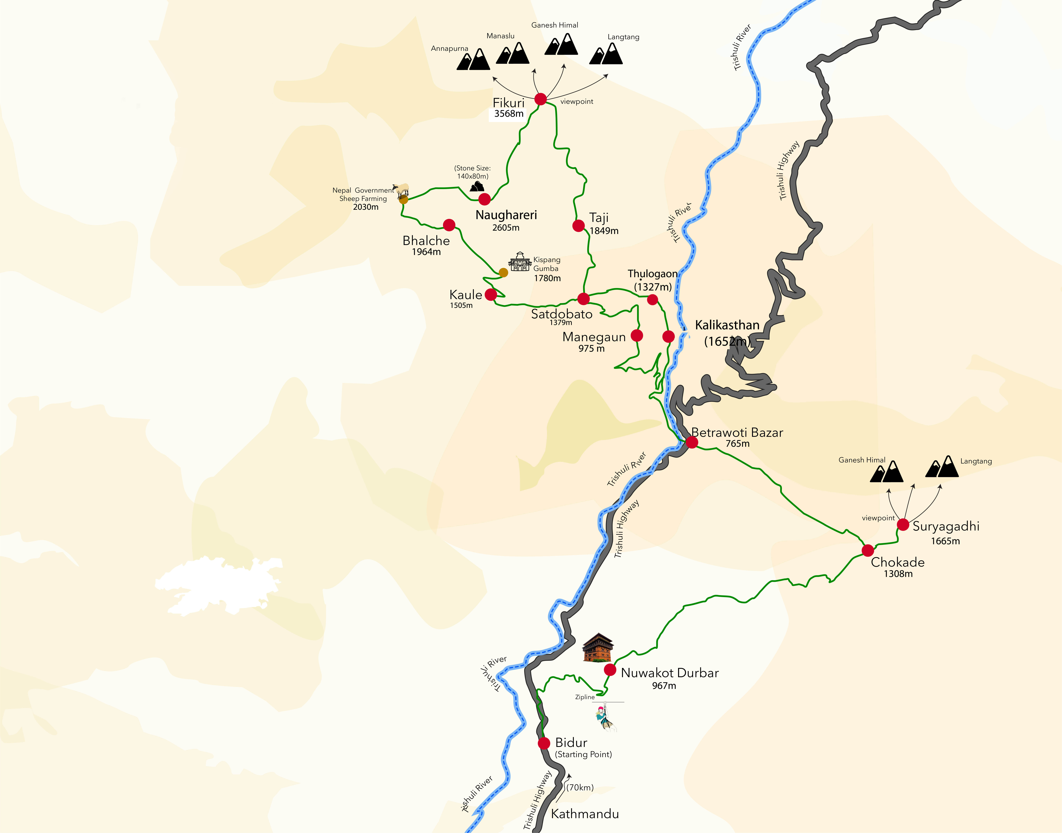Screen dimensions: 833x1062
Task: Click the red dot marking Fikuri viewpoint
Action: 540,99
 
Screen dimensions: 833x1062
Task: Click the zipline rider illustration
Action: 604,717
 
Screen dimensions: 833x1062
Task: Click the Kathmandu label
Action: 585,814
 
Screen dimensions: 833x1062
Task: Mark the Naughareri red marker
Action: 485,199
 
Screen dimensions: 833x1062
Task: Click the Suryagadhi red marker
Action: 903,525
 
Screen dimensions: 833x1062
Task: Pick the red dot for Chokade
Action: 868,551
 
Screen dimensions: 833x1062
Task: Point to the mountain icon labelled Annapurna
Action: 473,60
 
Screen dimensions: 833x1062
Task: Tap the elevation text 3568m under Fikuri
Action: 509,114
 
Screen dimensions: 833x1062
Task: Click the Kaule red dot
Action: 491,295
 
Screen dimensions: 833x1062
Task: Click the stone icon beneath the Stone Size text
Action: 477,186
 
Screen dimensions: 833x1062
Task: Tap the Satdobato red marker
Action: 583,298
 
